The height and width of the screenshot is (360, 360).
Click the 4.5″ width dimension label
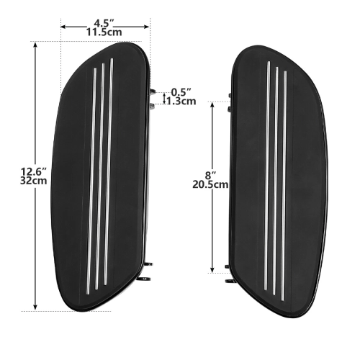[x=104, y=23]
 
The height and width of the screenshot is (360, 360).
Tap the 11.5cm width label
[x=104, y=32]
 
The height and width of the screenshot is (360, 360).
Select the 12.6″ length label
[x=33, y=172]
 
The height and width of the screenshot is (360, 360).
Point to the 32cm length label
[x=33, y=181]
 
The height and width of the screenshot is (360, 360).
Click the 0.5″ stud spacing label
[x=181, y=92]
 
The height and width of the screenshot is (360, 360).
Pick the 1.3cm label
[x=181, y=102]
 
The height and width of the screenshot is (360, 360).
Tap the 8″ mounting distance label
[x=211, y=176]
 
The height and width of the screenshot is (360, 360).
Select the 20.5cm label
[x=210, y=184]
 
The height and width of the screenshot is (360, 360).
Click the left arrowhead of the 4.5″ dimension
[x=63, y=27]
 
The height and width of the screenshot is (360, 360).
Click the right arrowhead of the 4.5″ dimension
[x=146, y=27]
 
